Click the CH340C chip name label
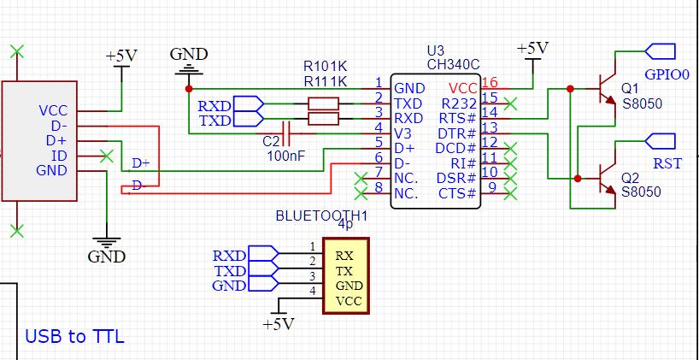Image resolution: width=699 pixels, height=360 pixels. coord(452,65)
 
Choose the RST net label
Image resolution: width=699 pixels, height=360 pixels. coord(667,162)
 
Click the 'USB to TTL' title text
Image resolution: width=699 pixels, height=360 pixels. coord(74,336)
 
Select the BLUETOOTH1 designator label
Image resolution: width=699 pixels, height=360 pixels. coord(320,216)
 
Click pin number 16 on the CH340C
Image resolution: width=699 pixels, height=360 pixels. coord(490,83)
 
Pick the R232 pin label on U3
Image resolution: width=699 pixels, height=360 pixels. coord(459,103)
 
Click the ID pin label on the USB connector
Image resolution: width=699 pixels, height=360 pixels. coord(59,156)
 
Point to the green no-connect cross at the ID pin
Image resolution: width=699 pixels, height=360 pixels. coord(106,156)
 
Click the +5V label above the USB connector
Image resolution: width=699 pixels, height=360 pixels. coord(120,56)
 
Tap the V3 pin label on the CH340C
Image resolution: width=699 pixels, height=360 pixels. coord(404,133)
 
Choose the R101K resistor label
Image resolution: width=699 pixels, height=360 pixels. coord(326,66)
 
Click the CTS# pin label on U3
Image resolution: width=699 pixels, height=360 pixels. coord(457,193)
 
